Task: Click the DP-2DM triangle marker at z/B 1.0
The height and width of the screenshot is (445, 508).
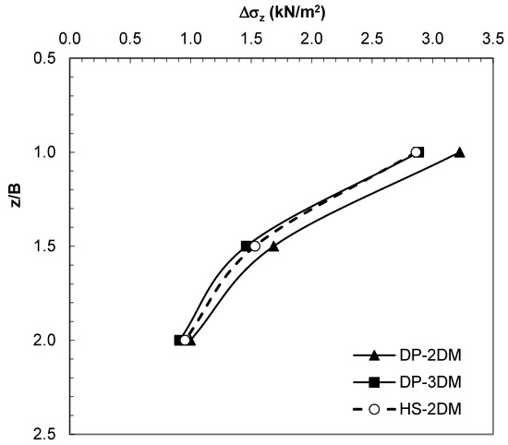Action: (459, 152)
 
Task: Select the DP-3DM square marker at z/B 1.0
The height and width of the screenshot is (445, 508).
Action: (419, 152)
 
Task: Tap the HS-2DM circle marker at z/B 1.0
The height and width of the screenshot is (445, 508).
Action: (416, 152)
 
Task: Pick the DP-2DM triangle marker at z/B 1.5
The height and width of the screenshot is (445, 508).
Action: (273, 247)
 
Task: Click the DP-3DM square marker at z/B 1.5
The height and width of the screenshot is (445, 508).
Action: (247, 247)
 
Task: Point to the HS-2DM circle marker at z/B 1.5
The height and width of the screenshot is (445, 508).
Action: (255, 247)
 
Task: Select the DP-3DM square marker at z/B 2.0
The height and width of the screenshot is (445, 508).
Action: (179, 340)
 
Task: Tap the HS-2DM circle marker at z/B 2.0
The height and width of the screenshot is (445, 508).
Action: (185, 340)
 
